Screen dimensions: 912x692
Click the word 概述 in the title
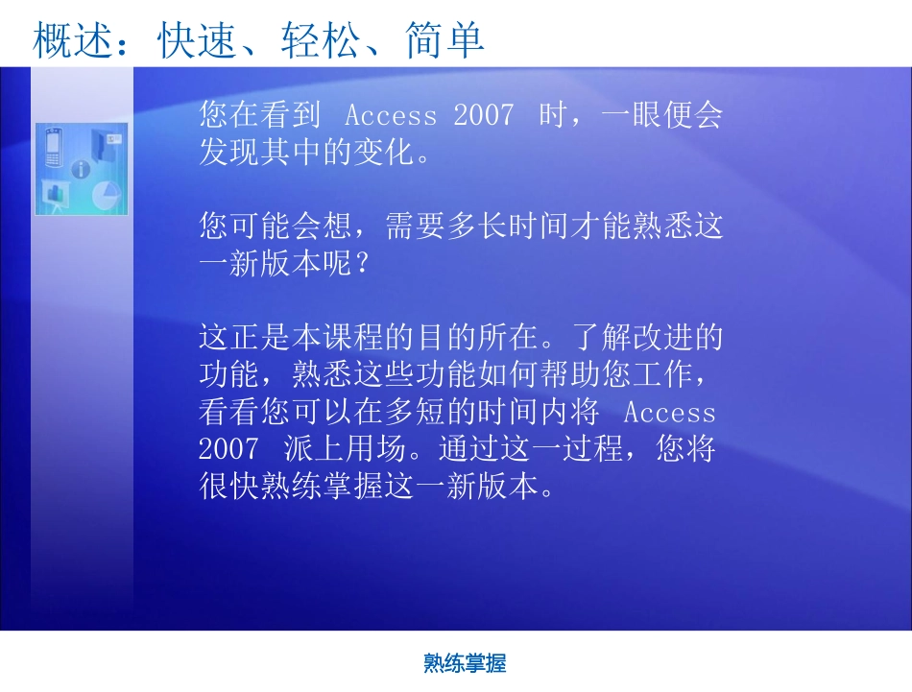coord(72,40)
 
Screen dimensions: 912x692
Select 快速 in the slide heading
coord(196,40)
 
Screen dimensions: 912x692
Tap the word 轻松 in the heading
coord(320,40)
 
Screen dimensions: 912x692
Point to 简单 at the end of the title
coord(444,40)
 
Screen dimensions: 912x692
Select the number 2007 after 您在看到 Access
coord(484,115)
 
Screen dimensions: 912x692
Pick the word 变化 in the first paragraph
coord(384,152)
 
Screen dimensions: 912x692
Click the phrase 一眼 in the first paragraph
coord(632,114)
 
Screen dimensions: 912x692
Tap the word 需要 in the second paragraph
coord(416,226)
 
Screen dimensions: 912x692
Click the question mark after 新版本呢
coord(361,263)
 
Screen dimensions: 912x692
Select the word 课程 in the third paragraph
coord(353,337)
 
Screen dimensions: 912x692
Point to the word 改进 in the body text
coord(662,337)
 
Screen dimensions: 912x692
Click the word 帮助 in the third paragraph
coord(570,374)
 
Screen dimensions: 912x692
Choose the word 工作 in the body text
coord(662,374)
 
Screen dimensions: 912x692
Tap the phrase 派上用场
coord(345,449)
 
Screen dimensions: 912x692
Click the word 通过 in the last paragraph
coord(469,449)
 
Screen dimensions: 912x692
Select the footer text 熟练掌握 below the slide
coord(465,663)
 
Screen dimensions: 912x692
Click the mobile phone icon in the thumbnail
coord(54,147)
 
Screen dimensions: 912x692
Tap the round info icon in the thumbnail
coord(81,169)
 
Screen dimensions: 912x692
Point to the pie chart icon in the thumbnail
coord(106,196)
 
